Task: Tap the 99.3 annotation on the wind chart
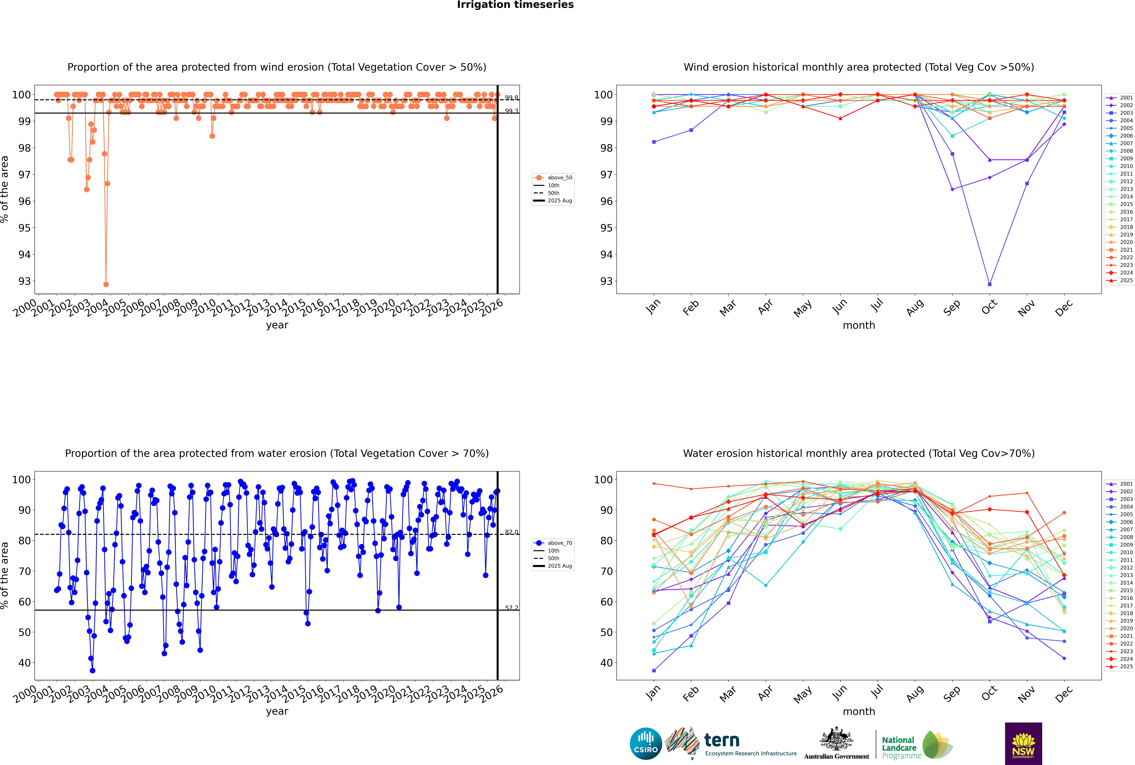coord(511,111)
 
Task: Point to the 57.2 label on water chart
coord(511,608)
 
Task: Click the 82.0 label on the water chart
coord(511,532)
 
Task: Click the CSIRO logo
coord(646,744)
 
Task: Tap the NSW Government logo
coord(1023,743)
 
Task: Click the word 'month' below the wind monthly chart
coord(859,325)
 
